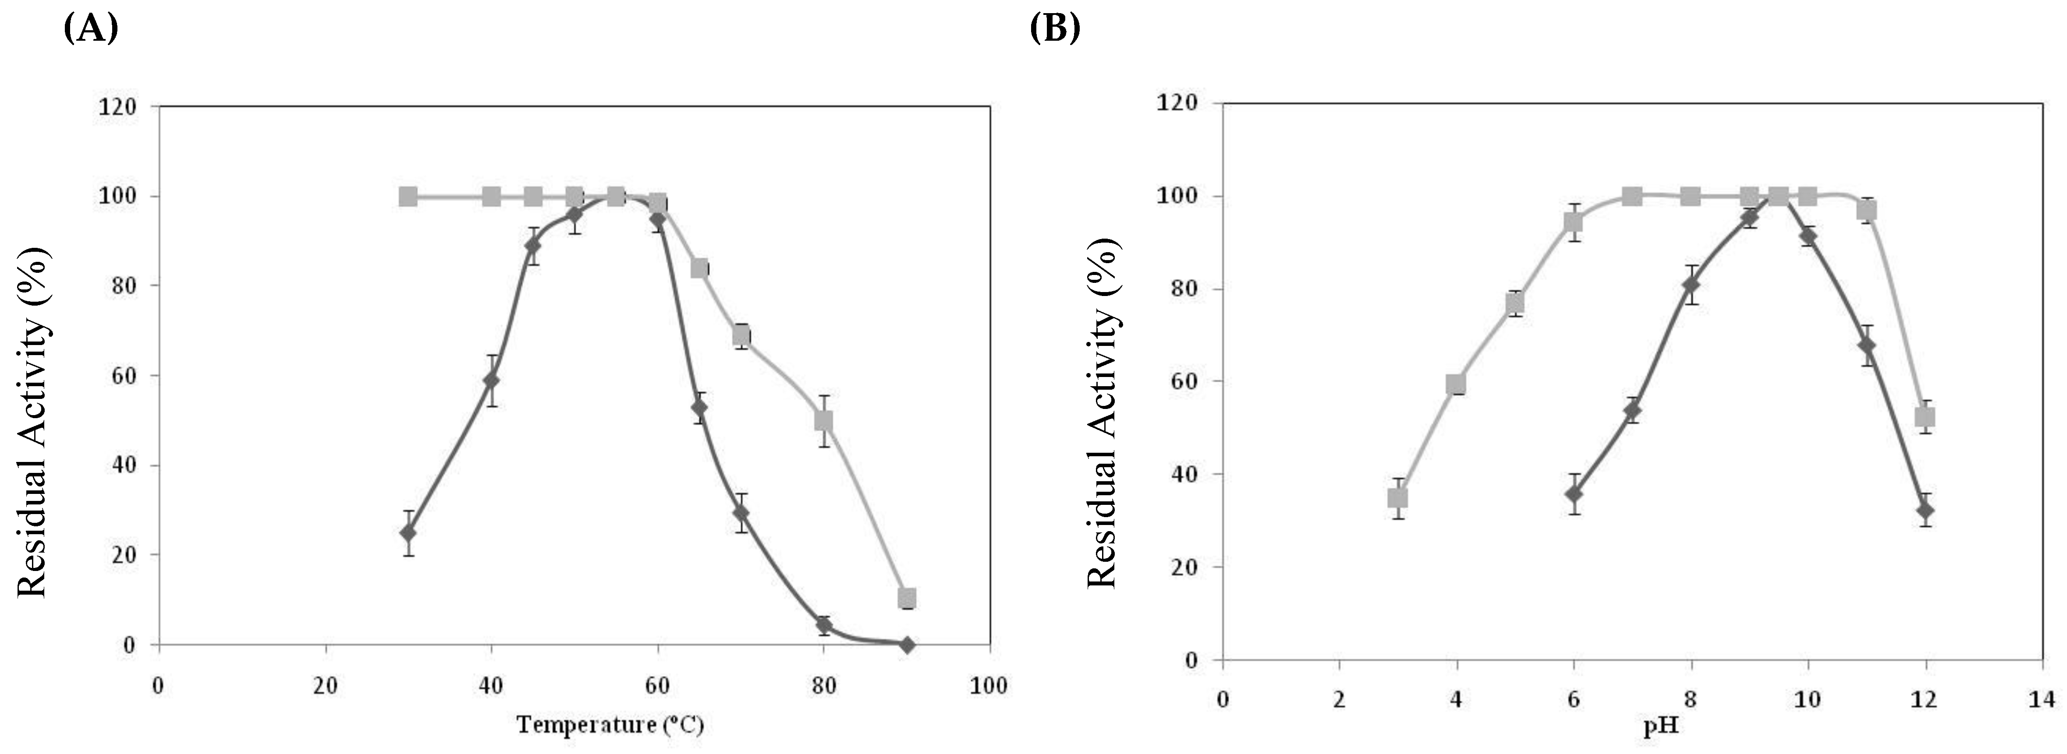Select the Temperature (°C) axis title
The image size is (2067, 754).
610,725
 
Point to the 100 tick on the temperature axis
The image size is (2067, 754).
989,687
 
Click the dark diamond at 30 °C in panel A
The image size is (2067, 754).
408,532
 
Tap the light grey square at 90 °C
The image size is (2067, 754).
907,598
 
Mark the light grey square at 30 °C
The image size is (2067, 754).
408,197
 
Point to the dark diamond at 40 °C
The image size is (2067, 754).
491,380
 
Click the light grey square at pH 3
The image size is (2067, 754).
1398,498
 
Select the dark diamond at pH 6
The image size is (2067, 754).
1574,493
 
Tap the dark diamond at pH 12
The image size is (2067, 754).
1924,510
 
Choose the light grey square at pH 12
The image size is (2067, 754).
1924,417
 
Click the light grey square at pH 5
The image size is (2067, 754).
1515,303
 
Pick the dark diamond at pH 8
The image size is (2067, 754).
1691,285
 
